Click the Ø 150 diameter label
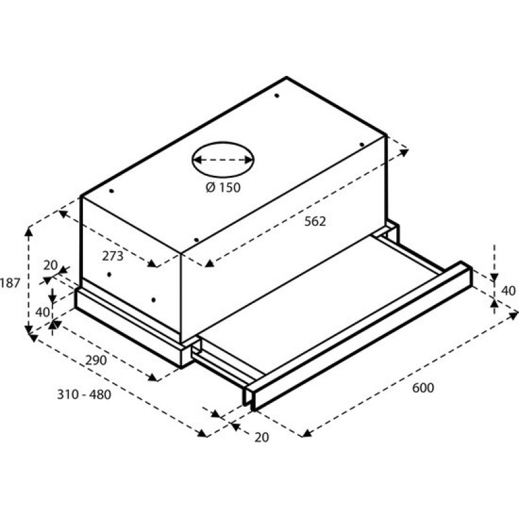click(223, 188)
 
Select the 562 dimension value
click(315, 221)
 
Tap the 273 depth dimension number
click(112, 256)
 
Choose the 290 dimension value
click(95, 361)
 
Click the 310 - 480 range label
click(84, 394)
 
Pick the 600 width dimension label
click(422, 388)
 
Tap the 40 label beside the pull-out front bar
click(509, 290)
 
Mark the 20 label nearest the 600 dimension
click(261, 438)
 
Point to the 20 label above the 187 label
click(50, 265)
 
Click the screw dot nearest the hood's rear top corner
click(276, 96)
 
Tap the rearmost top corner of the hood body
click(286, 78)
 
